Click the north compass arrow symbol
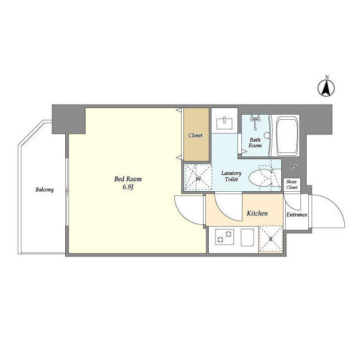(326, 88)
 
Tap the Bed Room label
(128, 179)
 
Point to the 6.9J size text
(128, 187)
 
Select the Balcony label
(44, 190)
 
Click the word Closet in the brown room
(195, 135)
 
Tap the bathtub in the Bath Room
(287, 136)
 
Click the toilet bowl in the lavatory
(260, 178)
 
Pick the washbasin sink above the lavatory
(224, 123)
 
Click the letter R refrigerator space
(271, 238)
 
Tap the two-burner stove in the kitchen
(224, 237)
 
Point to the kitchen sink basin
(247, 237)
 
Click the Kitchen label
(257, 213)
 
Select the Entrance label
(296, 214)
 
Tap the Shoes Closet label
(291, 184)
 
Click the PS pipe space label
(293, 167)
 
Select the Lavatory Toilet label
(231, 176)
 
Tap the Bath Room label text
(255, 142)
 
